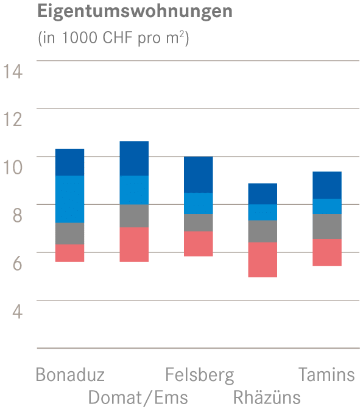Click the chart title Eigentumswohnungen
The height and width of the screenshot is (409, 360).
pyautogui.click(x=135, y=12)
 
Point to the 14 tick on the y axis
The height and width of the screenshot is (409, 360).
pyautogui.click(x=13, y=71)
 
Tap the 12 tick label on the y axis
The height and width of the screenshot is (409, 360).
pyautogui.click(x=13, y=119)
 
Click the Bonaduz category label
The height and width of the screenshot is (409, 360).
pyautogui.click(x=70, y=374)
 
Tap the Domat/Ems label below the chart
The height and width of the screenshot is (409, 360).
pyautogui.click(x=138, y=397)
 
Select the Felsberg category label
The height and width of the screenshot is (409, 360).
pyautogui.click(x=199, y=374)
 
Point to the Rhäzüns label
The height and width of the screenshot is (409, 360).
pyautogui.click(x=267, y=397)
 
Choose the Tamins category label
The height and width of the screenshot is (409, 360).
pyautogui.click(x=326, y=374)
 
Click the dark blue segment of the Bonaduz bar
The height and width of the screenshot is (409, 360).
pyautogui.click(x=69, y=162)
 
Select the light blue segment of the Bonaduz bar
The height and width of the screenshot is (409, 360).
pyautogui.click(x=69, y=199)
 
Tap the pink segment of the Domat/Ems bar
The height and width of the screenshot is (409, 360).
pyautogui.click(x=134, y=244)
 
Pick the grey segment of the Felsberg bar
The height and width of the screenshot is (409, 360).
pyautogui.click(x=199, y=222)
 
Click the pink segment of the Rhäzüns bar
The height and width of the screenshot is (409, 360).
pyautogui.click(x=263, y=260)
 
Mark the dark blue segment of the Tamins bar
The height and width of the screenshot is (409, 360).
pyautogui.click(x=326, y=185)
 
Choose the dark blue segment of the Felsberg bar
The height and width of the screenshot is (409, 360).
pyautogui.click(x=199, y=174)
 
